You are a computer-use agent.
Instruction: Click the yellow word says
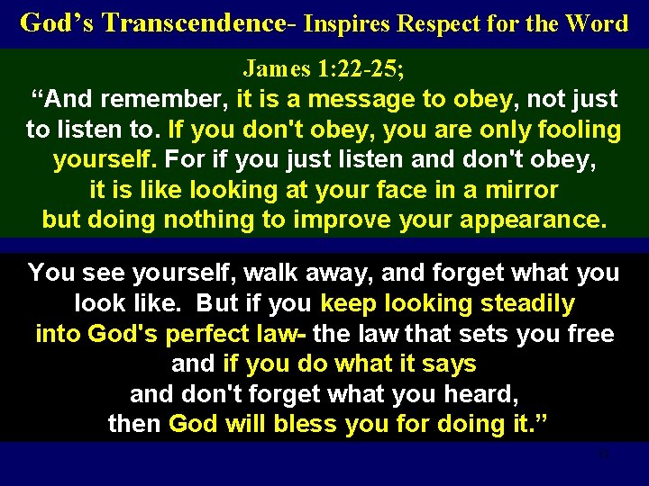pos(449,364)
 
